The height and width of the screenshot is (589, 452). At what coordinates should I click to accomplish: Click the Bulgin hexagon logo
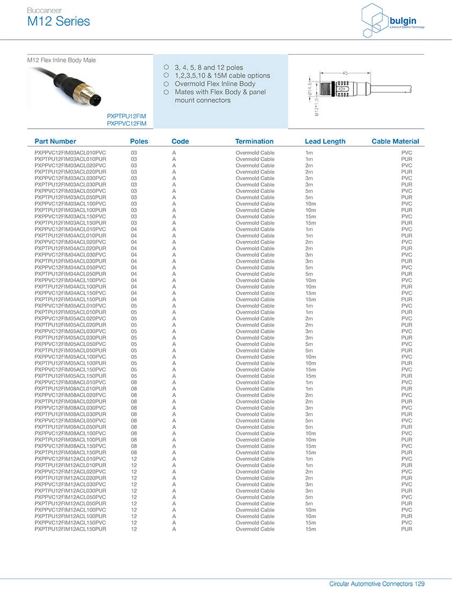(x=374, y=20)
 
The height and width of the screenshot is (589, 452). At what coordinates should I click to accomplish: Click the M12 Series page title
(x=58, y=21)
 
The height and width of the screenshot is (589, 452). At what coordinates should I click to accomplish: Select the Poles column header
(x=139, y=141)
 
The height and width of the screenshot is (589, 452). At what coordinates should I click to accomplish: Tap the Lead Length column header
(x=325, y=141)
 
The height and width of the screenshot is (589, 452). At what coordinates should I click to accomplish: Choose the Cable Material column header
(x=395, y=141)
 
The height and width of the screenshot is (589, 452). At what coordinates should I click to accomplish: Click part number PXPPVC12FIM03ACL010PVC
(x=70, y=153)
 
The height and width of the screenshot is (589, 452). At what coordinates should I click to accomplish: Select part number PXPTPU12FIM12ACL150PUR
(x=70, y=529)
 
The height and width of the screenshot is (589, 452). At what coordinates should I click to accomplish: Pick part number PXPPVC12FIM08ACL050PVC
(x=70, y=421)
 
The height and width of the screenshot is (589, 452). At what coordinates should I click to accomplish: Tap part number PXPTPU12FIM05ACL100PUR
(x=70, y=363)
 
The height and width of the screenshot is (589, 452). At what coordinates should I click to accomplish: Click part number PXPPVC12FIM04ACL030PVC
(x=70, y=255)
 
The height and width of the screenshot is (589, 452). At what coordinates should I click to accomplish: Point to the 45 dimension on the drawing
(x=345, y=72)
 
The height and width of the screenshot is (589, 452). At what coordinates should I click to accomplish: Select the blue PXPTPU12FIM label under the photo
(x=127, y=116)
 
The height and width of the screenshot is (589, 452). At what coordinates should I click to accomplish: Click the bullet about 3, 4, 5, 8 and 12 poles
(x=209, y=68)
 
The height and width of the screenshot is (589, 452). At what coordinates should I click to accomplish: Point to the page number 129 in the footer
(x=419, y=584)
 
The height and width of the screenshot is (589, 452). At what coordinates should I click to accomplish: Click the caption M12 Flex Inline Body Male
(x=62, y=60)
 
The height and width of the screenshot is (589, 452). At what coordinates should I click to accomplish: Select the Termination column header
(x=254, y=141)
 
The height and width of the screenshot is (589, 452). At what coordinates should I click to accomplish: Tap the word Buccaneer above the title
(x=45, y=10)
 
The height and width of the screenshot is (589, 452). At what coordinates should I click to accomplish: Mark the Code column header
(x=180, y=141)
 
